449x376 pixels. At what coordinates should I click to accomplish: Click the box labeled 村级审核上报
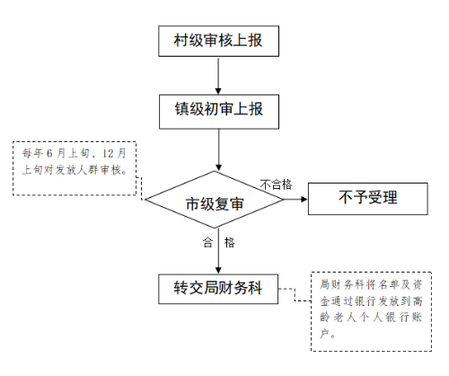click(218, 40)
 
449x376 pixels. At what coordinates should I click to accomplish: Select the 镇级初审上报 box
click(219, 112)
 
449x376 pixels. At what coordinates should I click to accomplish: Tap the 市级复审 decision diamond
click(214, 200)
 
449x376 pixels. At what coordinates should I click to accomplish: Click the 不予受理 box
click(368, 199)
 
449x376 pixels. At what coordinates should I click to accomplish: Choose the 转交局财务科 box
click(218, 289)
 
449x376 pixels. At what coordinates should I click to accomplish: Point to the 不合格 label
click(276, 184)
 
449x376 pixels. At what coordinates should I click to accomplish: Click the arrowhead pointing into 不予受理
click(304, 199)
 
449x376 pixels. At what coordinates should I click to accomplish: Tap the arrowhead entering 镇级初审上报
click(218, 91)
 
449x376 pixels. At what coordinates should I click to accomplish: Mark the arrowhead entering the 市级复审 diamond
click(219, 167)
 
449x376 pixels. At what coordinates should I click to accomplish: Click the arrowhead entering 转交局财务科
click(218, 270)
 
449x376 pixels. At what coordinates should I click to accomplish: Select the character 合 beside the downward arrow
click(207, 243)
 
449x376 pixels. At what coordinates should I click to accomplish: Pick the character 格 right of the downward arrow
click(230, 243)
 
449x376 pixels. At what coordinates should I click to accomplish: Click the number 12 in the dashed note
click(108, 154)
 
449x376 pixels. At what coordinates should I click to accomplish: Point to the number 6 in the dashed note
click(49, 154)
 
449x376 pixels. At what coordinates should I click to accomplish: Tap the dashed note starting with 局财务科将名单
click(371, 311)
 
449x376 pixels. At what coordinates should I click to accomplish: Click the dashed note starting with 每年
click(75, 168)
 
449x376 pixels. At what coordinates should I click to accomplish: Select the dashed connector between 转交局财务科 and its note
click(295, 295)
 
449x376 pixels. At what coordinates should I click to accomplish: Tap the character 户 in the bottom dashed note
click(324, 333)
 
